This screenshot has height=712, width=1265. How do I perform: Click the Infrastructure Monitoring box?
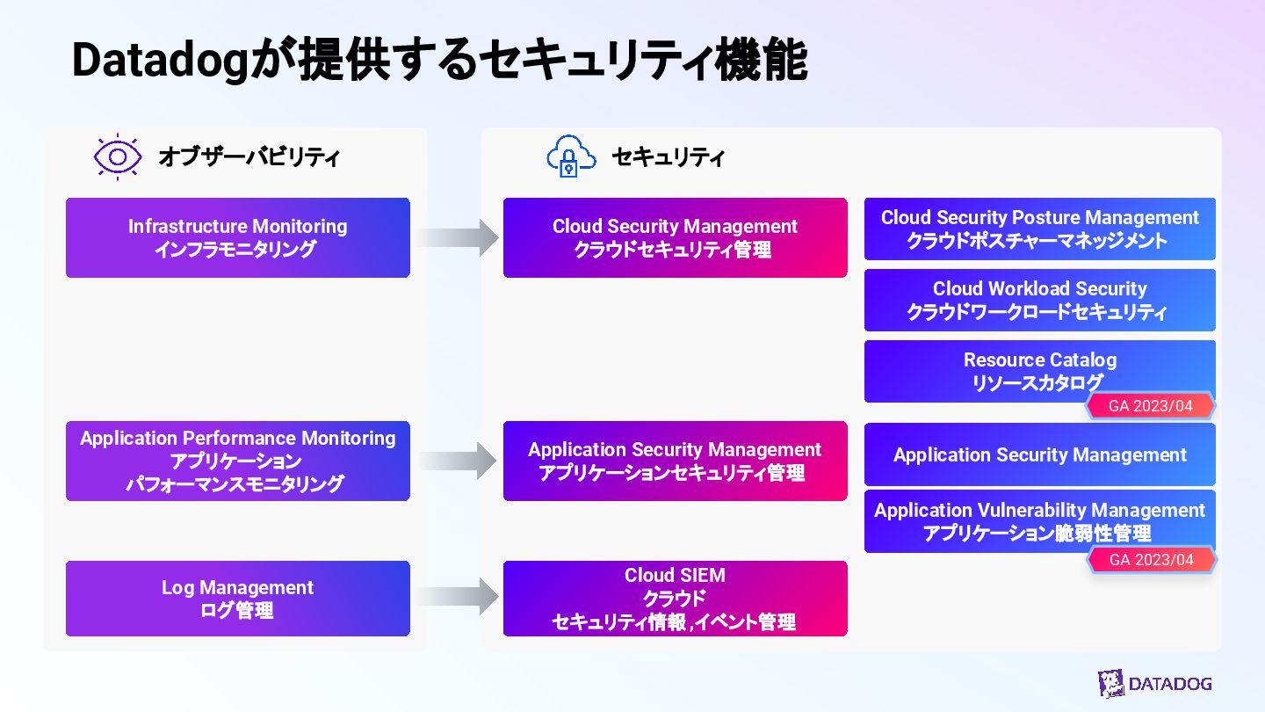(237, 237)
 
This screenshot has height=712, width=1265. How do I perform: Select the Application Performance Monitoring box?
(237, 461)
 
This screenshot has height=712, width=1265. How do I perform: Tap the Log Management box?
(237, 599)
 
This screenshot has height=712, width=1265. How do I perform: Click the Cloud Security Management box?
(675, 237)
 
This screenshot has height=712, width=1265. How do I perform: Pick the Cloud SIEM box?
(675, 599)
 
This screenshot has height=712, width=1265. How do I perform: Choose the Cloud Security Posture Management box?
(1039, 229)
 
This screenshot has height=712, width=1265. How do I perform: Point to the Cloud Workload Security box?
(1039, 300)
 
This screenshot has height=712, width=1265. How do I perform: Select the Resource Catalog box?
(1039, 369)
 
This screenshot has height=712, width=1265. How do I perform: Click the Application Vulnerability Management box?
(1039, 520)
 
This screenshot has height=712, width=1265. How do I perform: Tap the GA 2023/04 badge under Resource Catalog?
(1150, 406)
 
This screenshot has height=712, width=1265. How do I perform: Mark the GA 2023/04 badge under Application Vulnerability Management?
(1151, 560)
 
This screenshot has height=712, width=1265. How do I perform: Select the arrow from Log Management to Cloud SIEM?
(457, 598)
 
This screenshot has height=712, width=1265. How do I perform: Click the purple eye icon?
(118, 157)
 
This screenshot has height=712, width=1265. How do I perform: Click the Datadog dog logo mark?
(1111, 684)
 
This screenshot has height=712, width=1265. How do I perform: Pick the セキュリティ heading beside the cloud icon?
(668, 158)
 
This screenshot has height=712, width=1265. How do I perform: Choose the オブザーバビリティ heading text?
(249, 158)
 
